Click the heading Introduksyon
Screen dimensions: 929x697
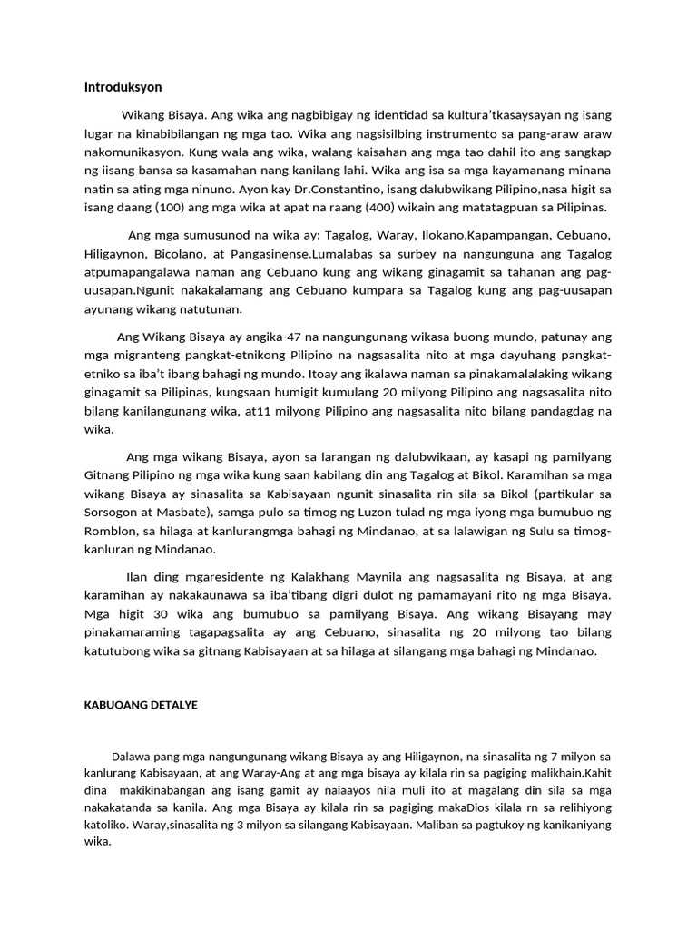123,88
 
